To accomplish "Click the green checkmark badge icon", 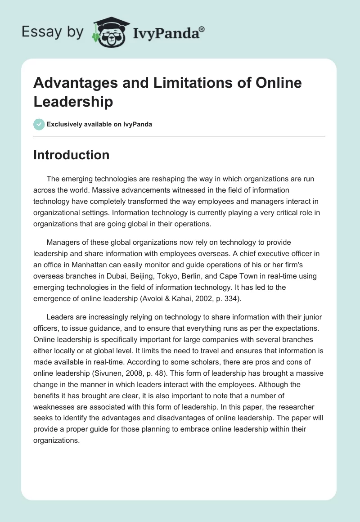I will [39, 124].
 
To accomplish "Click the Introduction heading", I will [71, 155].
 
